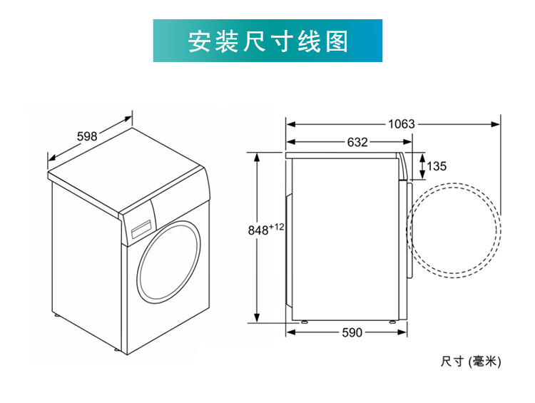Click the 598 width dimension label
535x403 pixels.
[87, 136]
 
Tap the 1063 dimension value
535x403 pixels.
[402, 124]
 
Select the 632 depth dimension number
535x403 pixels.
[357, 142]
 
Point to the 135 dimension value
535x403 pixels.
[437, 166]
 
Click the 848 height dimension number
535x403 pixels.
[258, 230]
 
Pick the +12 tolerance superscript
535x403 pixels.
[277, 227]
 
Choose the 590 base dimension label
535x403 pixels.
[352, 332]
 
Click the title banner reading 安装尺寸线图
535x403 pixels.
[267, 41]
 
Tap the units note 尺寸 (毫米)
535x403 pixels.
[471, 361]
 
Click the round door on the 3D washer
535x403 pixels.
[169, 262]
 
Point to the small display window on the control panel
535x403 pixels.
[141, 229]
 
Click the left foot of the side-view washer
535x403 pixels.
[303, 322]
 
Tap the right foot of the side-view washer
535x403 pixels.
[392, 322]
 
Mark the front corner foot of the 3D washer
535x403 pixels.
[116, 350]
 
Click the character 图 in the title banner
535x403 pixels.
[337, 41]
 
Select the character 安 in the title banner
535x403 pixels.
[199, 41]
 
